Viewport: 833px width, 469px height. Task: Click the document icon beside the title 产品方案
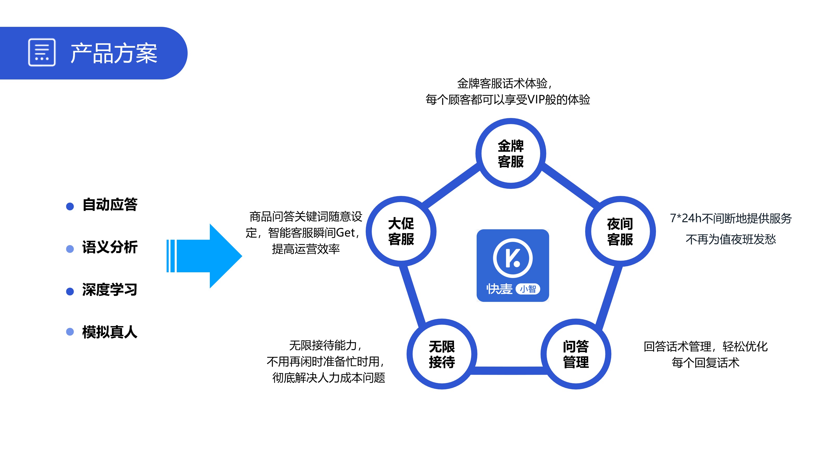coord(42,52)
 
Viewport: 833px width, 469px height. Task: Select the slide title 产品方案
coord(114,53)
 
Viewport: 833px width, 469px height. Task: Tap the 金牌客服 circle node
coord(510,153)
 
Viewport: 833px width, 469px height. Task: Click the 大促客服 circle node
coord(401,231)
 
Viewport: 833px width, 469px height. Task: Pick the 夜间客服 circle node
coord(620,231)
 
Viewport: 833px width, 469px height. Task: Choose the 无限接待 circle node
coord(442,354)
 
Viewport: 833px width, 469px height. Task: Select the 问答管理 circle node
coord(576,354)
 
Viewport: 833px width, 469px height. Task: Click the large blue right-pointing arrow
coord(207,256)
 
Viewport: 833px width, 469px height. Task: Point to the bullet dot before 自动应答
coord(70,206)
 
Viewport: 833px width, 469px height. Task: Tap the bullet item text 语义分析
coord(110,247)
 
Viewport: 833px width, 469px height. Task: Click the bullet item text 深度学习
coord(110,290)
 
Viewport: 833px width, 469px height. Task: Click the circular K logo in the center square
coord(513,258)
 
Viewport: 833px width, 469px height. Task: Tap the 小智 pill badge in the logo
coord(528,289)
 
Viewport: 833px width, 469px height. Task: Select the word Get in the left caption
coord(345,233)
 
